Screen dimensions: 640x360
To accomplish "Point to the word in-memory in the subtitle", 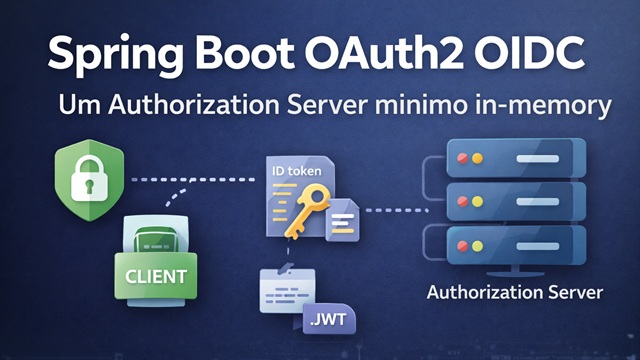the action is pyautogui.click(x=544, y=105).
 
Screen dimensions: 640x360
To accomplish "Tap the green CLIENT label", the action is pyautogui.click(x=156, y=276).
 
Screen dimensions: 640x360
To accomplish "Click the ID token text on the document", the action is pyautogui.click(x=297, y=171).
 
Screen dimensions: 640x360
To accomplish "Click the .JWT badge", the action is pyautogui.click(x=329, y=319).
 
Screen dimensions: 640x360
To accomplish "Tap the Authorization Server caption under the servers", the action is pyautogui.click(x=515, y=292).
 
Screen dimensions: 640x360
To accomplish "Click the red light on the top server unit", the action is pyautogui.click(x=462, y=158).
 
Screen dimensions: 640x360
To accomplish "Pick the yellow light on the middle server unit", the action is pyautogui.click(x=477, y=201).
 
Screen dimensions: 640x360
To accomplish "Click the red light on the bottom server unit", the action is pyautogui.click(x=462, y=246).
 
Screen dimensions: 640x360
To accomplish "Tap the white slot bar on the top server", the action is pyautogui.click(x=538, y=158).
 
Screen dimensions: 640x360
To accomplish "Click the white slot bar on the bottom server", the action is pyautogui.click(x=538, y=246).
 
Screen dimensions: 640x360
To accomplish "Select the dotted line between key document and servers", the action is pyautogui.click(x=397, y=210).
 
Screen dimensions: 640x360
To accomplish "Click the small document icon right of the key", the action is pyautogui.click(x=342, y=220).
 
